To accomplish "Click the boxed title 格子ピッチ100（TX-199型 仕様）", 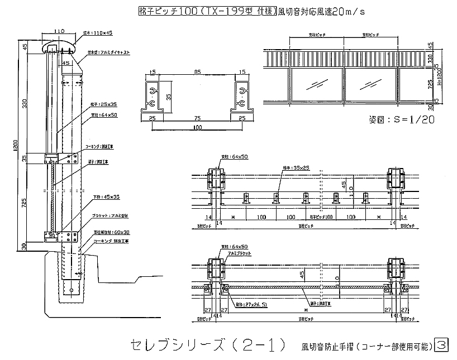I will (x=208, y=11).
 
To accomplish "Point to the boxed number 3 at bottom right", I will (x=442, y=345).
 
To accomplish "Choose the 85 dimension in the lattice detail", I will (x=196, y=71).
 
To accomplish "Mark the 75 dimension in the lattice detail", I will (x=196, y=118).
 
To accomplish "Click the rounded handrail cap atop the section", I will (x=59, y=45).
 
